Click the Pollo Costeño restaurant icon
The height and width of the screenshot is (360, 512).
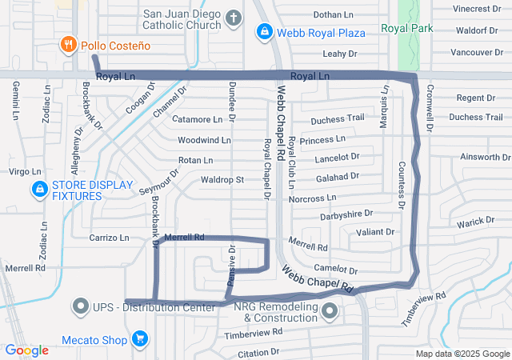click(70, 46)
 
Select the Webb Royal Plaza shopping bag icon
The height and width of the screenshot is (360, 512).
click(263, 32)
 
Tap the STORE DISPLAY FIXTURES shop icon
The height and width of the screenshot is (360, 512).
click(38, 190)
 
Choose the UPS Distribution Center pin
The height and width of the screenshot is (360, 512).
click(81, 306)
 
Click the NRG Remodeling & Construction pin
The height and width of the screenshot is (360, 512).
click(328, 312)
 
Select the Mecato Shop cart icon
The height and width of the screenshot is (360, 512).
click(140, 340)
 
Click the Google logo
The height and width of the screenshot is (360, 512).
click(26, 350)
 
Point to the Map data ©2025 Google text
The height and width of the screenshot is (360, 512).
click(462, 354)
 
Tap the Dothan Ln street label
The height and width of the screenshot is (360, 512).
click(333, 14)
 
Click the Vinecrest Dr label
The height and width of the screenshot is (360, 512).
click(477, 9)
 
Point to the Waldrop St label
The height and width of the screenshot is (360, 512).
click(222, 180)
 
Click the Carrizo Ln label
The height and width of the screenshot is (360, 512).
click(109, 238)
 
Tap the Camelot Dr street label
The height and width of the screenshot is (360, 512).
click(335, 270)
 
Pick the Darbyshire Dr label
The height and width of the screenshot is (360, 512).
click(346, 214)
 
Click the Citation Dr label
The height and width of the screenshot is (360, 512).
click(257, 351)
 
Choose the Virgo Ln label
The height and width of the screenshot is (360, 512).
click(24, 172)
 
